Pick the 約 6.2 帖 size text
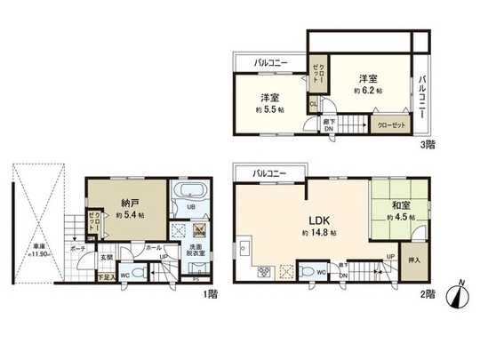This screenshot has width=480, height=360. tap(367, 91)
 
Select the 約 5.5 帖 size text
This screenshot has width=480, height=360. tap(271, 110)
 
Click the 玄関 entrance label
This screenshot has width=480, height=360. tap(105, 258)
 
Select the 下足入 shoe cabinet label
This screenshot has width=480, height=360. tap(105, 277)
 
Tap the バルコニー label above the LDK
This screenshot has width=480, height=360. tap(268, 172)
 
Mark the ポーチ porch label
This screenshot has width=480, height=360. tap(78, 248)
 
